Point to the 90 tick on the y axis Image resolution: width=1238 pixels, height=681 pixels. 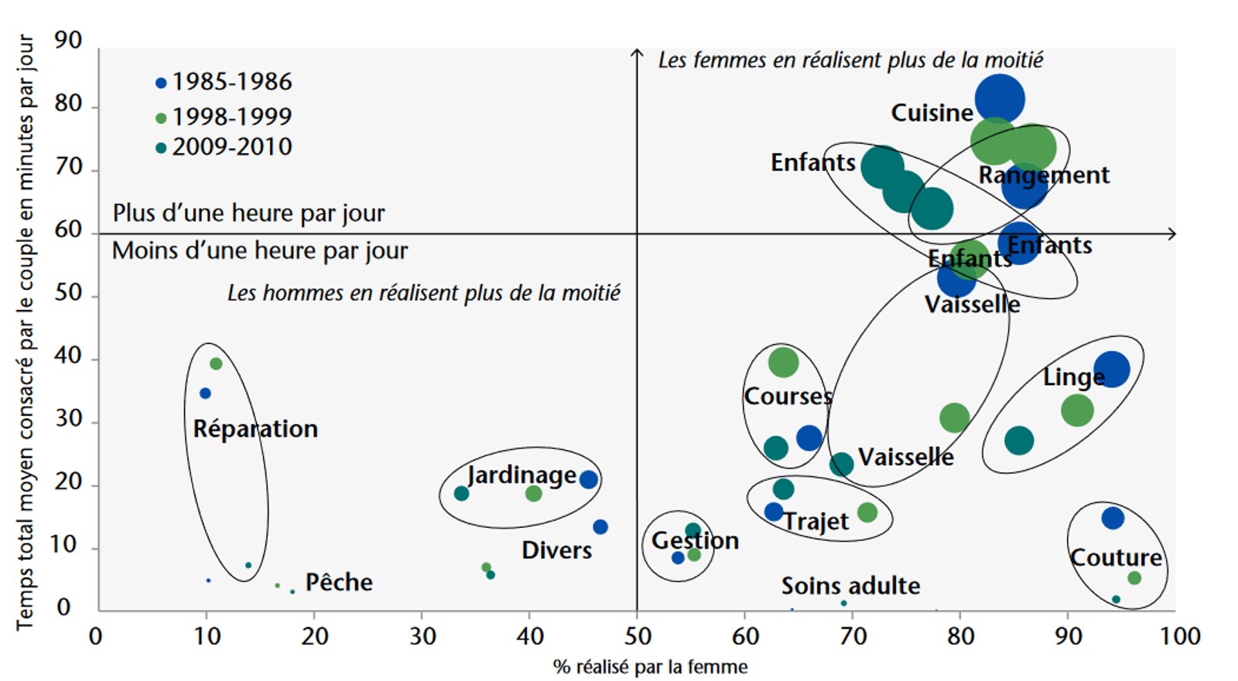point(68,41)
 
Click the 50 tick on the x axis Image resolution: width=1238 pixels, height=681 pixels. point(638,636)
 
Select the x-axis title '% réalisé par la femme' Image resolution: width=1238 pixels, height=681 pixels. point(651,667)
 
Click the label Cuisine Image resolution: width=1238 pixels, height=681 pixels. point(932,113)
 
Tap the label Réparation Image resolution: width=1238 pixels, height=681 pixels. point(255,429)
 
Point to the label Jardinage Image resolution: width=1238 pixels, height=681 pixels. point(522,475)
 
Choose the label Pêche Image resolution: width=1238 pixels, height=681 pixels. point(339,582)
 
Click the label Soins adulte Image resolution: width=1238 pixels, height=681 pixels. point(850,586)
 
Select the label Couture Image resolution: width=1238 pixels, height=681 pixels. point(1116,557)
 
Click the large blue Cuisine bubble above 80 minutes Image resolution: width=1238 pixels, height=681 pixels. point(1000,99)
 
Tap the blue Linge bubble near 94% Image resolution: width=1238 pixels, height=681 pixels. point(1112,369)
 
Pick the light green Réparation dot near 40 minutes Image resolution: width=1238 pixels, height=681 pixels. point(216,364)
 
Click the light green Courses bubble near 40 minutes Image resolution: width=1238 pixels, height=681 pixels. point(783,362)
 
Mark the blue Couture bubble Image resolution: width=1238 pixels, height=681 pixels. point(1113,518)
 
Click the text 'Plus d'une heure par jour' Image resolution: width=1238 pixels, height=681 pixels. point(248,213)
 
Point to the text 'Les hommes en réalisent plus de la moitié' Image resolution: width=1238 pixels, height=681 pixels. point(423,294)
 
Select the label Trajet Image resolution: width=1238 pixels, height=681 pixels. point(816,522)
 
